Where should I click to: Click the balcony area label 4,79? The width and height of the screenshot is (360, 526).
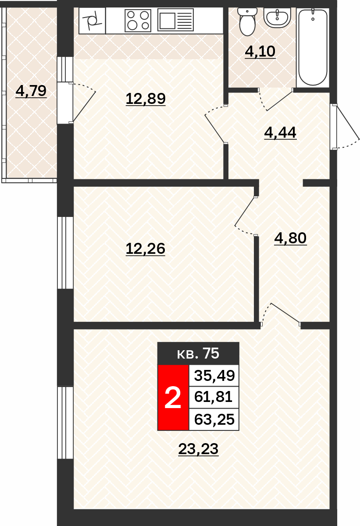(x=31, y=91)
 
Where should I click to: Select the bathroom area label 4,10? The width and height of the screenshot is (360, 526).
(x=260, y=51)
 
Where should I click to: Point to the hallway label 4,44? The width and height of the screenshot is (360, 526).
(x=280, y=132)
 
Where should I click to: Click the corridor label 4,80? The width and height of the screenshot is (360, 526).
(x=290, y=238)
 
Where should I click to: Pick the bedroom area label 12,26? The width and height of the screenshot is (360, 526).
(x=146, y=249)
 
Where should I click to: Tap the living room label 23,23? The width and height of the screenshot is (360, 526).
(x=199, y=449)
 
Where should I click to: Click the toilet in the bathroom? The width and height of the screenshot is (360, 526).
(x=247, y=21)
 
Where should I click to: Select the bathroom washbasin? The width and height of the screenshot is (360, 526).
(x=277, y=17)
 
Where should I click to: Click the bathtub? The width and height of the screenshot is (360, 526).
(x=313, y=47)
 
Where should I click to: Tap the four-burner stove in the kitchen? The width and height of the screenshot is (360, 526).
(x=138, y=21)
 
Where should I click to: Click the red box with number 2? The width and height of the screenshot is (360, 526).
(x=173, y=398)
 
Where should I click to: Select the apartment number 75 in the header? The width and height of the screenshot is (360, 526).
(x=211, y=353)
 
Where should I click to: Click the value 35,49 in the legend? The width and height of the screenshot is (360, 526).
(x=214, y=375)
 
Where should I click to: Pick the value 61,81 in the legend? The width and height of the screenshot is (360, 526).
(x=213, y=397)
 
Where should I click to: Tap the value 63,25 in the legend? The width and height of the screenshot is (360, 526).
(x=214, y=419)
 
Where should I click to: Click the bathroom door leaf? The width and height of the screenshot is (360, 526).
(x=280, y=101)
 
